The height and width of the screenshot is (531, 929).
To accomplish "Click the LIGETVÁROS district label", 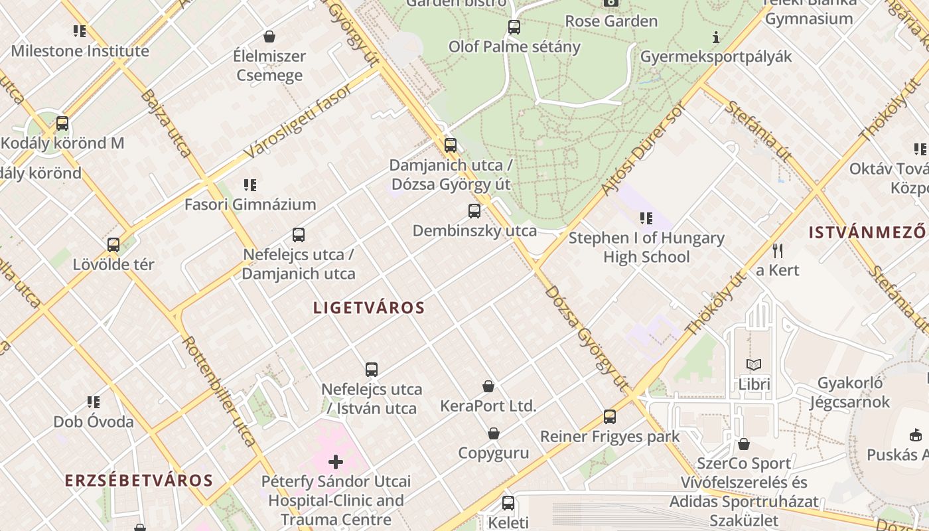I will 369,308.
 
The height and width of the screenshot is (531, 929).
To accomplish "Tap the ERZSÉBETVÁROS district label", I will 139,481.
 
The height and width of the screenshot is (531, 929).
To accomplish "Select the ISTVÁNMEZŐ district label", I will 867,232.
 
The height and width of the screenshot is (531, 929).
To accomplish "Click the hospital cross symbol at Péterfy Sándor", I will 336,461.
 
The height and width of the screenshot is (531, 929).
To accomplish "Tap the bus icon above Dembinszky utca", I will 474,211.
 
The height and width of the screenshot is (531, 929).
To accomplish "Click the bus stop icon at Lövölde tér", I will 113,245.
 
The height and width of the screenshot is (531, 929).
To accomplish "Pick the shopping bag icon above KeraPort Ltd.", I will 488,386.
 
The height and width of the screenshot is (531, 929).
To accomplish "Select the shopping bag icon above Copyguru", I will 494,434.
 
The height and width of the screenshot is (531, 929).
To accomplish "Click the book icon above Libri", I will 754,364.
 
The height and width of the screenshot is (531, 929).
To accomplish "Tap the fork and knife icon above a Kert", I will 778,250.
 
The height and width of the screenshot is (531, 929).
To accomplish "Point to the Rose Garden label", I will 611,21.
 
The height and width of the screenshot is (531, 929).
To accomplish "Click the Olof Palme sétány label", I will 514,46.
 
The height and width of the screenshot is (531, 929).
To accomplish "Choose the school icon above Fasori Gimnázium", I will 250,185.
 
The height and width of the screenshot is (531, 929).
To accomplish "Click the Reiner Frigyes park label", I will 610,436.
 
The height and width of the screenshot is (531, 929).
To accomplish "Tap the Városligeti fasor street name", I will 298,121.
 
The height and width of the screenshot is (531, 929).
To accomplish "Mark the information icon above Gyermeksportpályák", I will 715,37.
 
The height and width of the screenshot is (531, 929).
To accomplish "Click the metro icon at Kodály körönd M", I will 62,123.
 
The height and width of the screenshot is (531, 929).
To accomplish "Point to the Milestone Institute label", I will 80,50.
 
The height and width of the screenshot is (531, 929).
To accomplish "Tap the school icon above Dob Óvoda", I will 94,402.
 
